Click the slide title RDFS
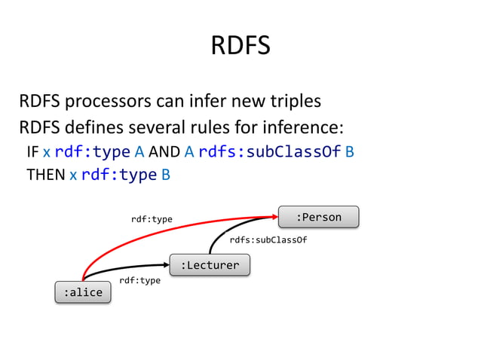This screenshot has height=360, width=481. pos(240,47)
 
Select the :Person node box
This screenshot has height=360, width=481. pos(318,217)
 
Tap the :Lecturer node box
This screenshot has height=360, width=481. pos(210,265)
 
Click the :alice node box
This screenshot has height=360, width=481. pos(82,292)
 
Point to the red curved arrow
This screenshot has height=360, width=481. pos(151,233)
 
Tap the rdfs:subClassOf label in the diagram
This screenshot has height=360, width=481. pos(268,241)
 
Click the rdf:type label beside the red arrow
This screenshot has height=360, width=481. pos(152,219)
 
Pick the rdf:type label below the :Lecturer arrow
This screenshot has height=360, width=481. pos(139,280)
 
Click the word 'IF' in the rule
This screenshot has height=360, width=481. pos(32,152)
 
